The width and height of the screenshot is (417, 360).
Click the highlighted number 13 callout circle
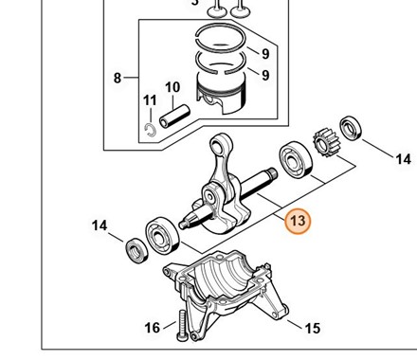tap(298, 221)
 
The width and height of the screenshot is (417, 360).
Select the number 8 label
tap(118, 78)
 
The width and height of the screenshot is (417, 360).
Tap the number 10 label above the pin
tap(172, 87)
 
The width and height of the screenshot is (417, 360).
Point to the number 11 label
tap(150, 100)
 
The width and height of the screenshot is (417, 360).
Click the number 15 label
tap(313, 329)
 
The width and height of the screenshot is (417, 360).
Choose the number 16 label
tap(152, 328)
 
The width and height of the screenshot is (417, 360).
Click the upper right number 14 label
tap(404, 159)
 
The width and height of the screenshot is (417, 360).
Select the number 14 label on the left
tap(100, 225)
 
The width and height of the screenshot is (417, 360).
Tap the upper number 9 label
tap(265, 54)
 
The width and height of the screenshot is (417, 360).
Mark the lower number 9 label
tap(265, 75)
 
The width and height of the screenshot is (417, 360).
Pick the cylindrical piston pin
tap(174, 117)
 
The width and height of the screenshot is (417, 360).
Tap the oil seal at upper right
tap(351, 128)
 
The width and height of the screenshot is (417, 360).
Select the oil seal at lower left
tap(137, 250)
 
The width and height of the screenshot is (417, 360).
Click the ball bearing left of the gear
tap(296, 159)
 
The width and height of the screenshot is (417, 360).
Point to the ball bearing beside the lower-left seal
tap(162, 235)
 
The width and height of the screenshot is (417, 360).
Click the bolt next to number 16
tap(183, 326)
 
